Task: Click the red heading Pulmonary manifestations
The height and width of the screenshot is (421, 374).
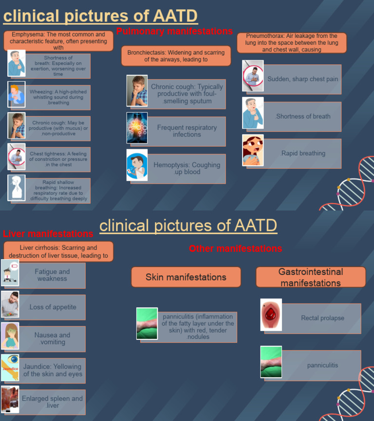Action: [174, 32]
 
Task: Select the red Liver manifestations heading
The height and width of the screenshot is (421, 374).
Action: [48, 234]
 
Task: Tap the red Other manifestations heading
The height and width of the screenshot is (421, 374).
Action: [235, 249]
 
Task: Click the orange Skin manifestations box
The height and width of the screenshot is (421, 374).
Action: [186, 277]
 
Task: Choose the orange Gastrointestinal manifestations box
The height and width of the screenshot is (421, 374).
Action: [311, 277]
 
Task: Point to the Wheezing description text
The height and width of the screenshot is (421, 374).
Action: [58, 97]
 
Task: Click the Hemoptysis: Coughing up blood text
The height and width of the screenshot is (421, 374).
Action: [187, 168]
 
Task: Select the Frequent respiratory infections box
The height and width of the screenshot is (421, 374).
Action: [187, 131]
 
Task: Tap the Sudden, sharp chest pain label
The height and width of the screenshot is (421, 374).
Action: [302, 79]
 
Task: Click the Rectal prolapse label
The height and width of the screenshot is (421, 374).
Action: [322, 318]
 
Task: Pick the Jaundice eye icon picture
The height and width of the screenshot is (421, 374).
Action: [10, 368]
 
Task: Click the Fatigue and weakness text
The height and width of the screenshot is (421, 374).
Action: [52, 275]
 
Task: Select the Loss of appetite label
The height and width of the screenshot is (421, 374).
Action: [53, 307]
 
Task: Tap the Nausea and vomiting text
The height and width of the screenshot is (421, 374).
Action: [52, 338]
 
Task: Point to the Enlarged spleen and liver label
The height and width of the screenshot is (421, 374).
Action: [52, 402]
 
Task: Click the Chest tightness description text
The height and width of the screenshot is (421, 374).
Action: [58, 159]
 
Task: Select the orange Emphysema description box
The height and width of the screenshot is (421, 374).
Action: [58, 41]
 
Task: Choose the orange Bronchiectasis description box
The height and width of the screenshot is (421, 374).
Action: [176, 56]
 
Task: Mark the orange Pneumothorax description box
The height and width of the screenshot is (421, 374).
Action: [292, 43]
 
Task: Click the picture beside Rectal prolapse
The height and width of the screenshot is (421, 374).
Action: [271, 315]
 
